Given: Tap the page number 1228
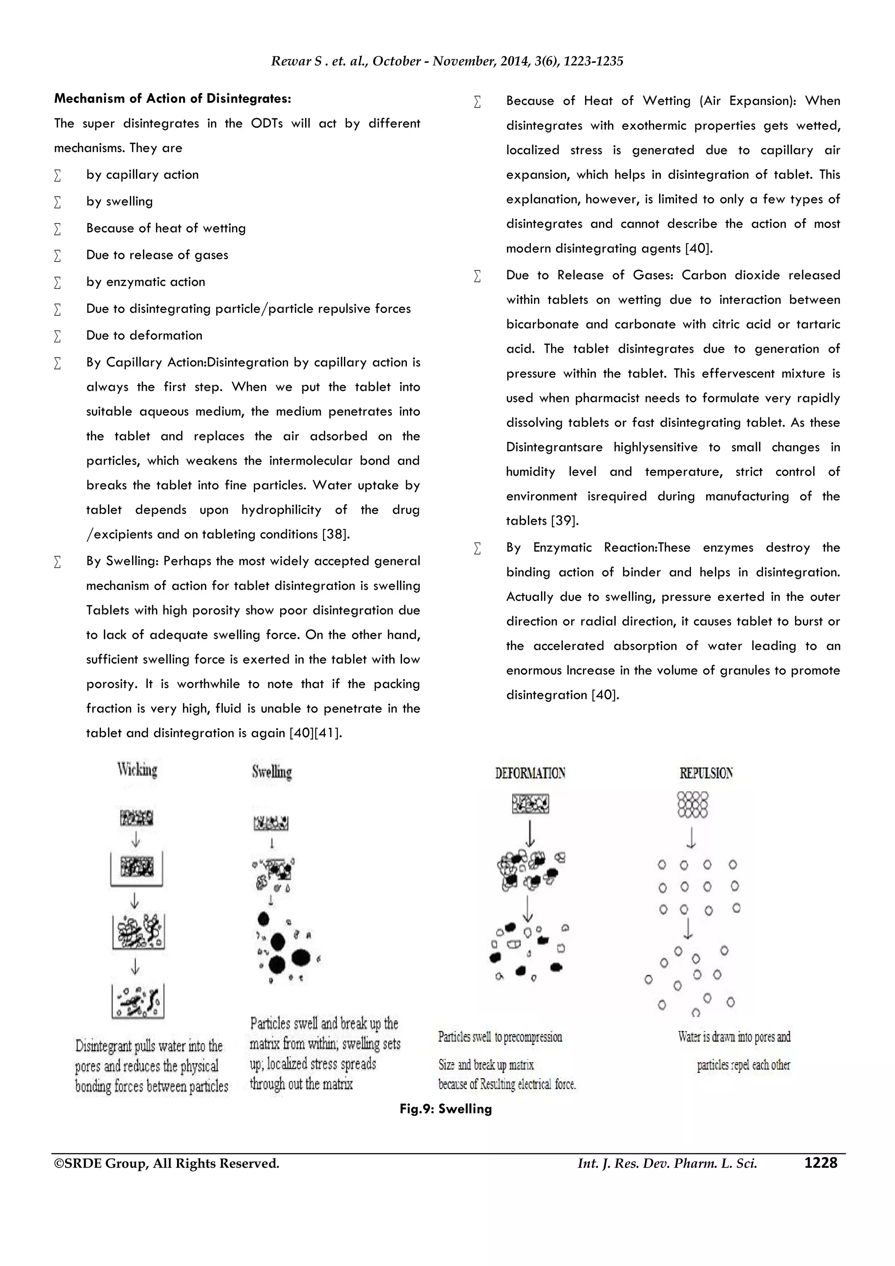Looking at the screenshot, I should (x=821, y=1163).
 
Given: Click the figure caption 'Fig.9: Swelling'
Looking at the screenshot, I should (x=445, y=1109).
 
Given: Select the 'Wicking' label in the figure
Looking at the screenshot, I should (x=137, y=769).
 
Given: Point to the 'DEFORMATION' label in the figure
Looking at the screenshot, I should (x=530, y=773).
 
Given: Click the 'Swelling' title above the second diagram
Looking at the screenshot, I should (x=272, y=772).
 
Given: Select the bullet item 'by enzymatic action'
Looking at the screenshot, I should (x=146, y=282).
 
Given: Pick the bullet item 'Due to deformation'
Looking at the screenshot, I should (x=144, y=335).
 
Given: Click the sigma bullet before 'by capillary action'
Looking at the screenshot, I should (x=57, y=175).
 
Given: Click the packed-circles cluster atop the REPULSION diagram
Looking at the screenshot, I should (x=692, y=804).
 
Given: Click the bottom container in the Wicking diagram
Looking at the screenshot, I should (x=138, y=1001).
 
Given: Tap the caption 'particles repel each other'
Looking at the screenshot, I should (x=743, y=1065).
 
